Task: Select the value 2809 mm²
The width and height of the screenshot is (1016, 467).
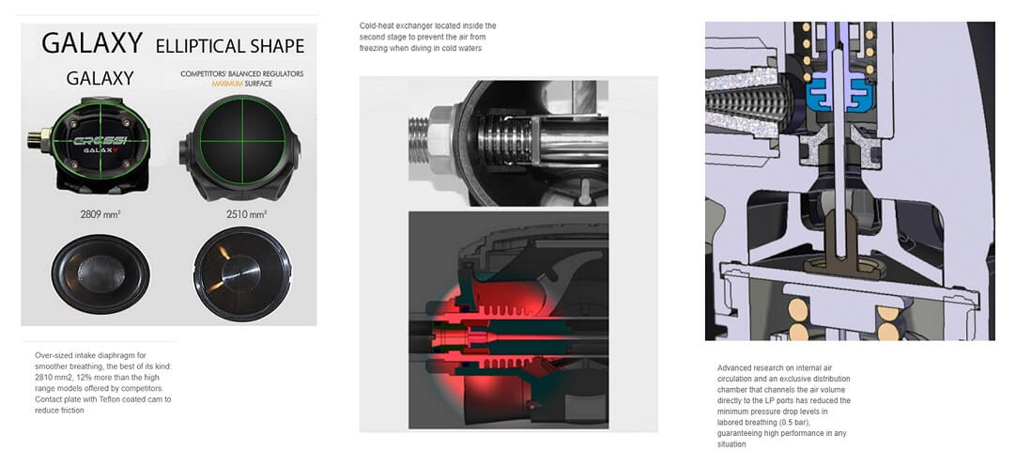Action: [x=100, y=212]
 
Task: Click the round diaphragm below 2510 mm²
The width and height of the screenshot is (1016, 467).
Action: [x=242, y=273]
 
